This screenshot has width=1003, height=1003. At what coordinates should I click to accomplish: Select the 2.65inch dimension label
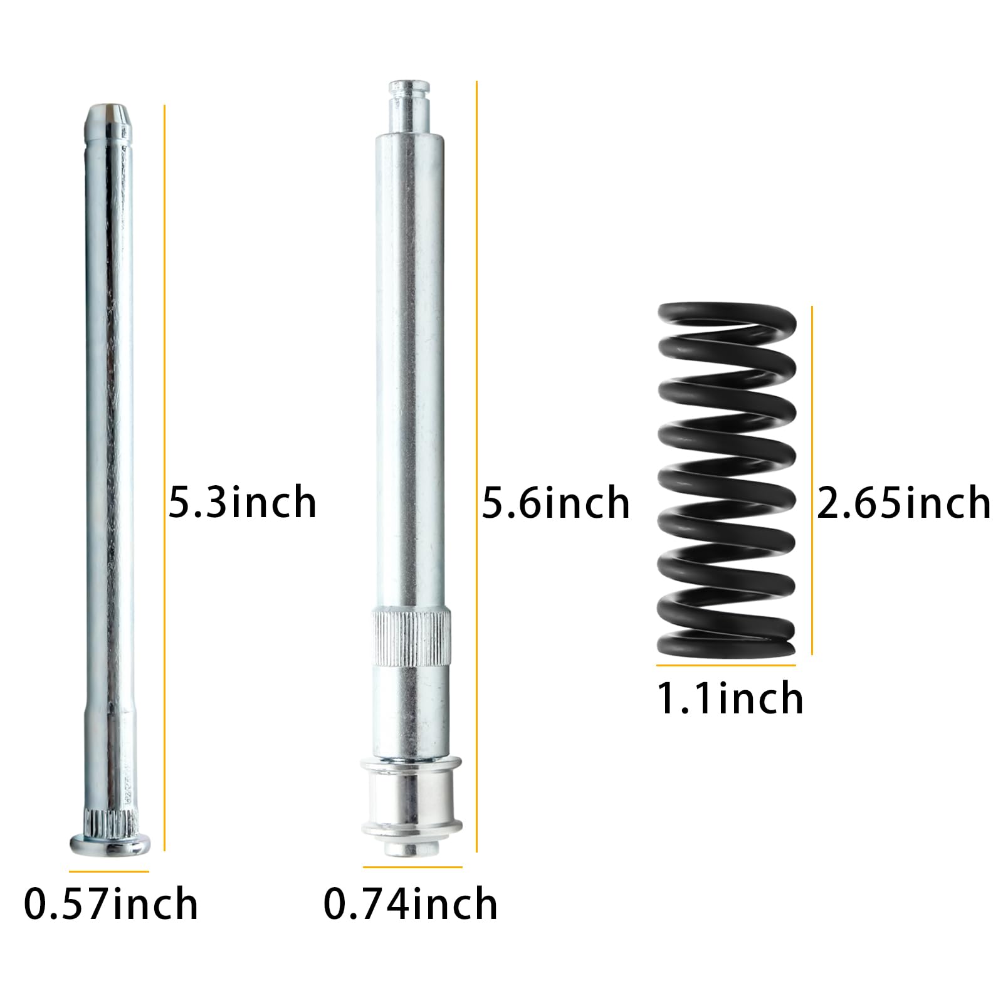coord(903,502)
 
